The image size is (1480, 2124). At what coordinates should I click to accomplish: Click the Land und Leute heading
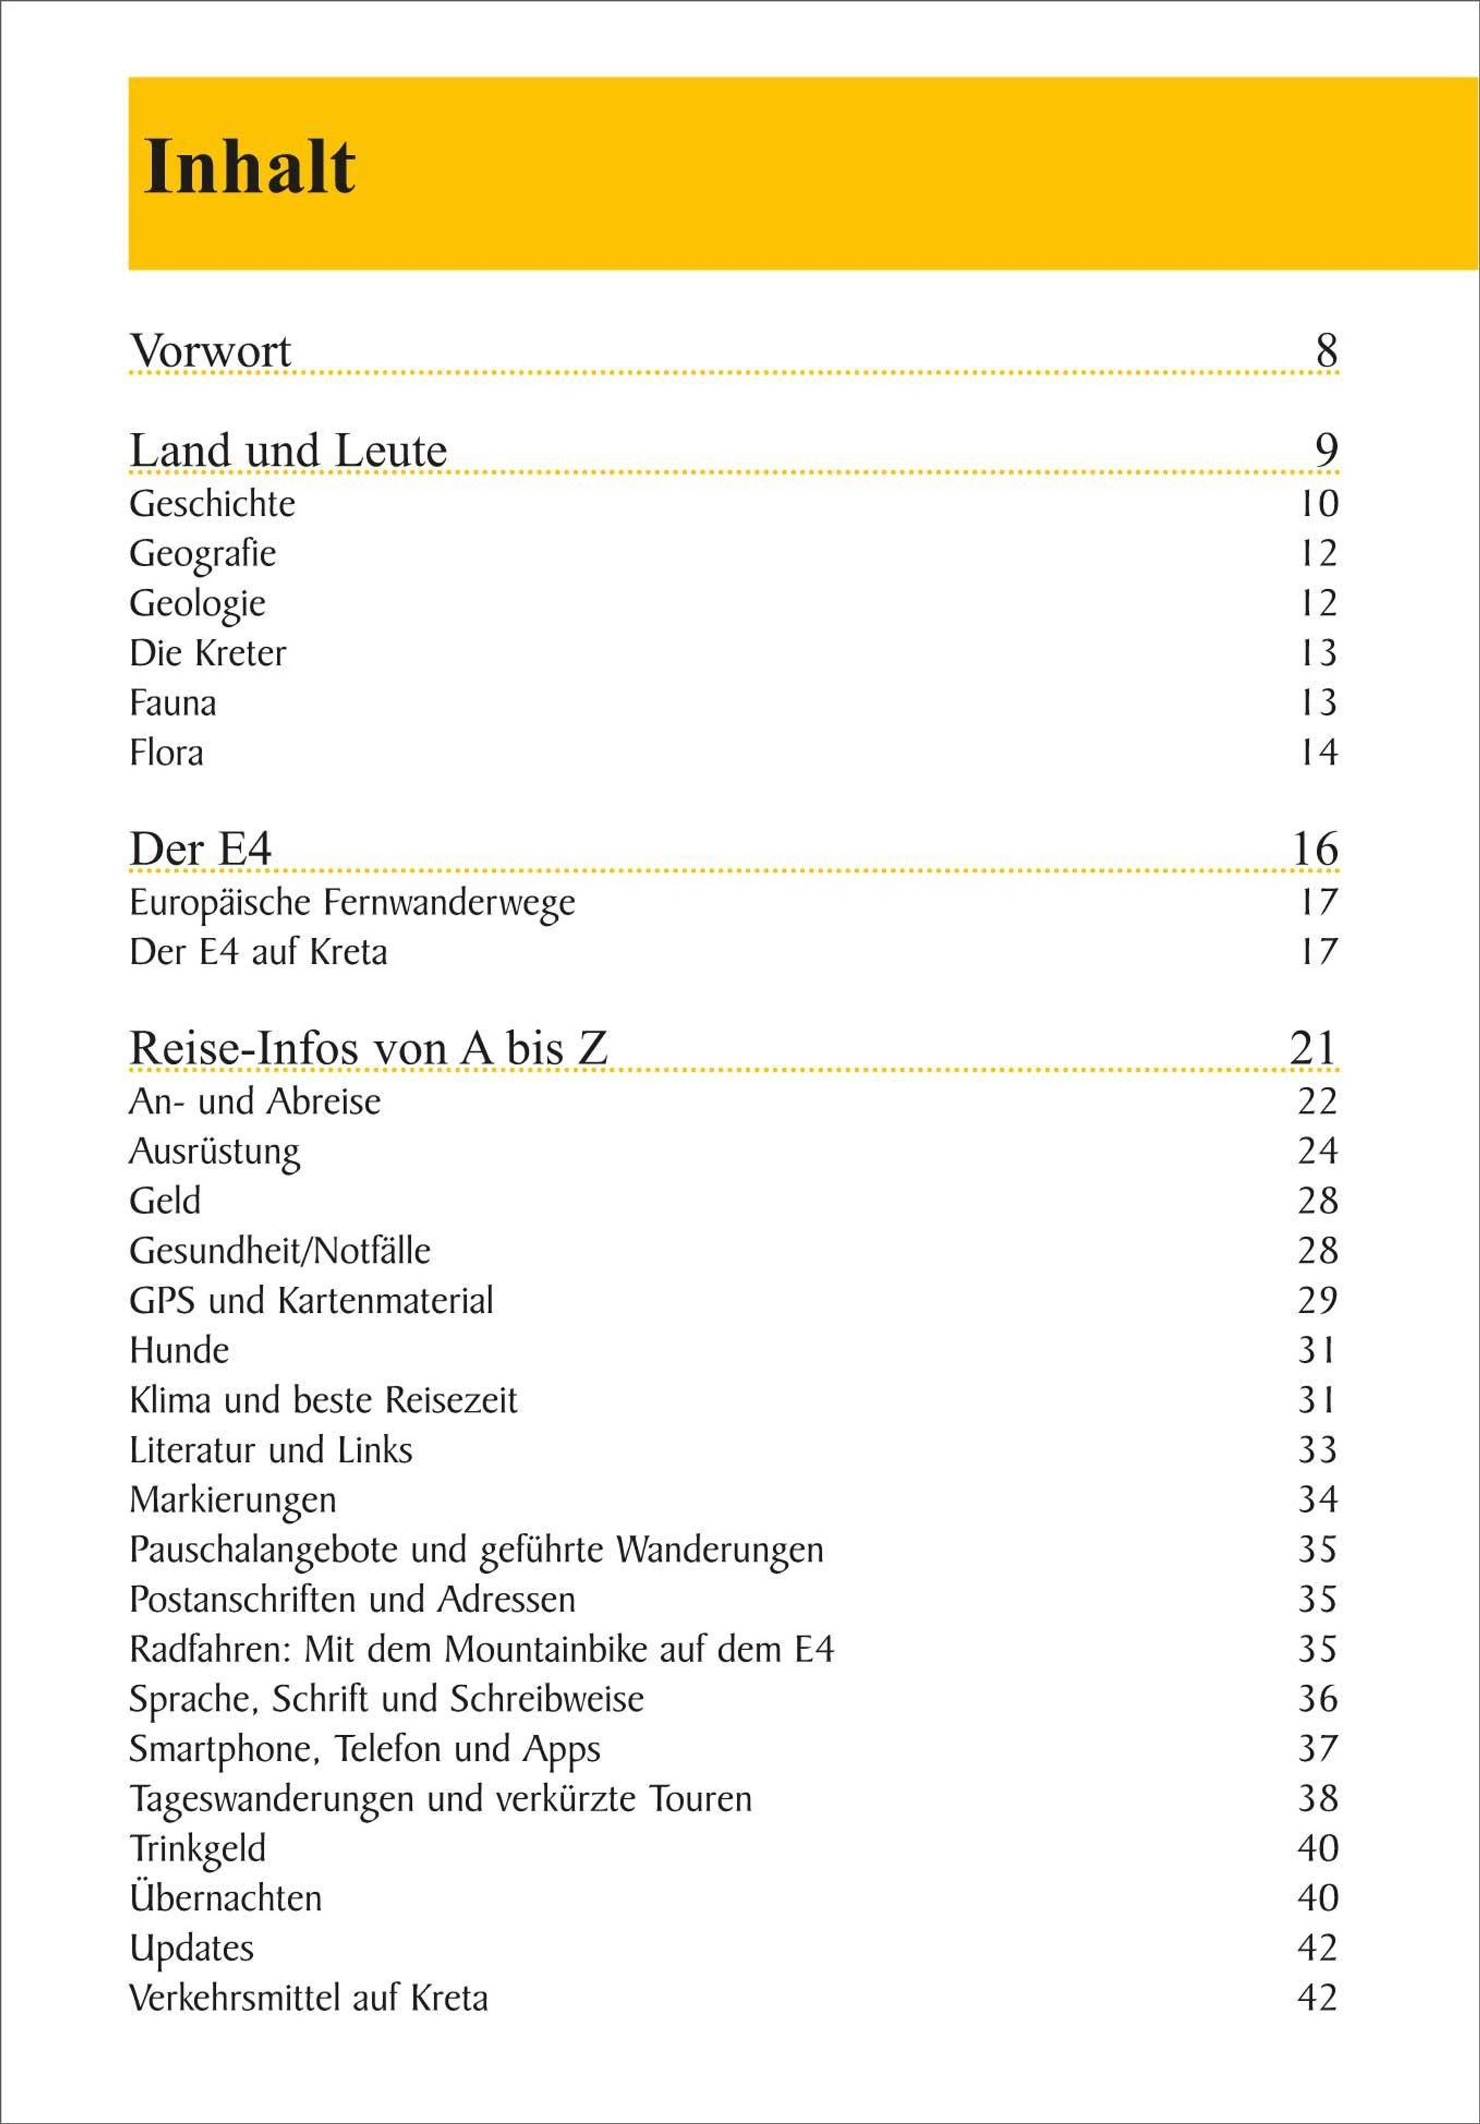287,450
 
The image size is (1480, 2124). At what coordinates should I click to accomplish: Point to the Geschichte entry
212,504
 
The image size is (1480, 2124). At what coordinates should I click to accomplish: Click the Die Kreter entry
207,653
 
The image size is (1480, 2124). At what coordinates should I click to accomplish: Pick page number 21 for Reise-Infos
1313,1048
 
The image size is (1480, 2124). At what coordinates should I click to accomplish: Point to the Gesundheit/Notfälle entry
279,1250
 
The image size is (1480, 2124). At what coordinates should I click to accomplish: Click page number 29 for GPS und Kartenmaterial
1317,1300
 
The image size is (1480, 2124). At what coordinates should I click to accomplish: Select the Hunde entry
179,1350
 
